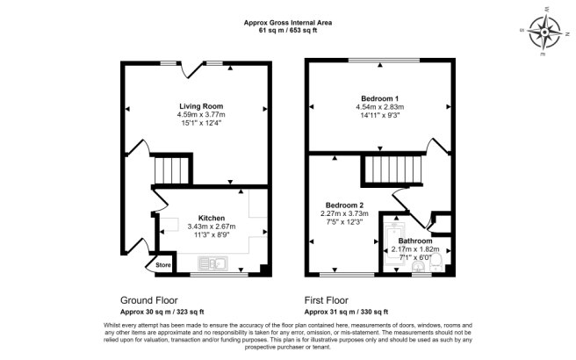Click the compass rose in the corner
(548, 34)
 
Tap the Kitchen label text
(212, 218)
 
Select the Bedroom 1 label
(380, 97)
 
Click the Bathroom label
(415, 240)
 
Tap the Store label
(163, 264)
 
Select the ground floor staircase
(171, 169)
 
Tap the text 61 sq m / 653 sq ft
(288, 30)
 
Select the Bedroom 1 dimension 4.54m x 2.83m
(380, 107)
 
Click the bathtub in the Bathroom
(394, 247)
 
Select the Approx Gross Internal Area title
(288, 21)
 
